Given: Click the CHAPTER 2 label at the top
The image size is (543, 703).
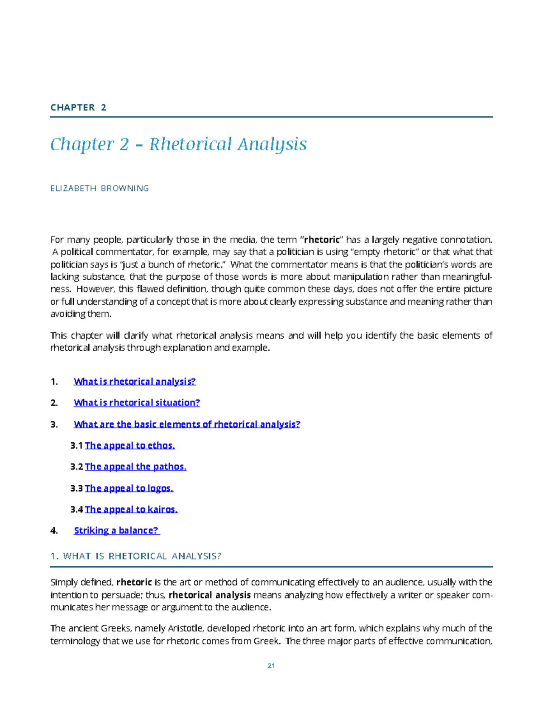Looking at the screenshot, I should pyautogui.click(x=78, y=107).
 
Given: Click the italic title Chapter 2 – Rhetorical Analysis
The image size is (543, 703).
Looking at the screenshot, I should pyautogui.click(x=178, y=144).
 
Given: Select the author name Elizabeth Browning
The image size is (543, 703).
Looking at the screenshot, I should pyautogui.click(x=100, y=188).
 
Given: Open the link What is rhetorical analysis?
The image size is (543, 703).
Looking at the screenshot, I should pyautogui.click(x=134, y=382).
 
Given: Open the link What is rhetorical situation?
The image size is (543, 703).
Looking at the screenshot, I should pyautogui.click(x=137, y=403).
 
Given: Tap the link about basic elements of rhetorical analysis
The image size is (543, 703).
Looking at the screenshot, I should pyautogui.click(x=187, y=425).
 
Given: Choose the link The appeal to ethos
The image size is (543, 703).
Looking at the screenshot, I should pyautogui.click(x=129, y=446).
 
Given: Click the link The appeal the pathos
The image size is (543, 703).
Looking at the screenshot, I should pyautogui.click(x=135, y=467).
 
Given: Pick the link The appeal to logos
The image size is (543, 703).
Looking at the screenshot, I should pyautogui.click(x=129, y=488).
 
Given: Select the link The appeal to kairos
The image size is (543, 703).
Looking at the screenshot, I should pyautogui.click(x=131, y=510).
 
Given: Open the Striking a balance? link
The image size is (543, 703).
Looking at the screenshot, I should pyautogui.click(x=116, y=531).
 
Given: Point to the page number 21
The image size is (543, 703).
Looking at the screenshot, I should pyautogui.click(x=271, y=665).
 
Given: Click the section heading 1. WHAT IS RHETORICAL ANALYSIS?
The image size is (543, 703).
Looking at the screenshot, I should pyautogui.click(x=136, y=556).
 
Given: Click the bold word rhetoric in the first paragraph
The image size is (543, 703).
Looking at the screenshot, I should pyautogui.click(x=322, y=240).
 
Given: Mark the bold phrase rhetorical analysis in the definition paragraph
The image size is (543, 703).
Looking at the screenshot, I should pyautogui.click(x=210, y=595).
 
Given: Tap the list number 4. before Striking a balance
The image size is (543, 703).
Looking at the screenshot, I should pyautogui.click(x=54, y=531).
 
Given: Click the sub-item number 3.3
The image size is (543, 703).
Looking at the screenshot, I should pyautogui.click(x=76, y=488).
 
